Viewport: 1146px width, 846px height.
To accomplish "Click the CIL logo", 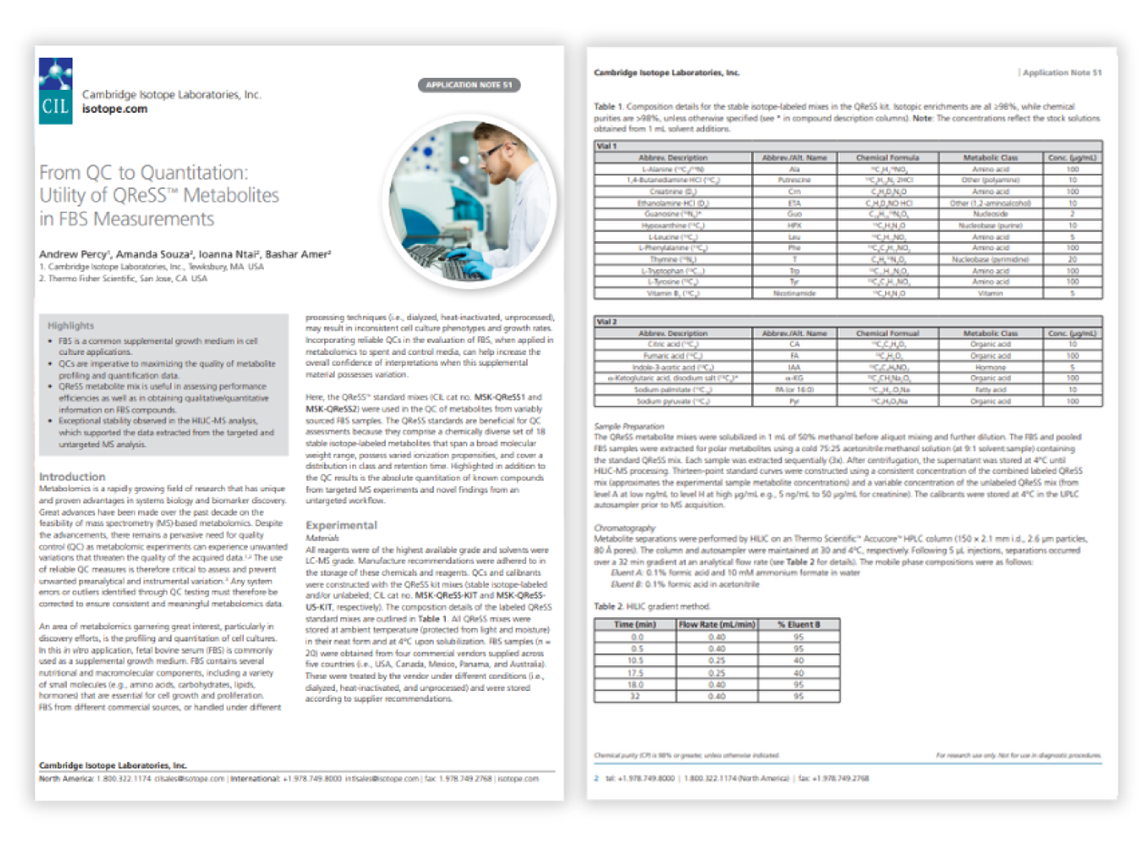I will coord(55,91).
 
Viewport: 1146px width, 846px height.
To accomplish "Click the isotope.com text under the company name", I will coord(115,109).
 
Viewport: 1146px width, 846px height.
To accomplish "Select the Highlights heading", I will coord(71,326).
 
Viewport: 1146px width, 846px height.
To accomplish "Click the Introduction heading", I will coord(72,476).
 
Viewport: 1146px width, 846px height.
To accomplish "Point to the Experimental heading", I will coord(341,525).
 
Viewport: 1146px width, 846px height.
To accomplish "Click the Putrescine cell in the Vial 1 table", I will coord(794,180).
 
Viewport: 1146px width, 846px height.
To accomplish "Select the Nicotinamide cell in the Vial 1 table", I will coord(794,293).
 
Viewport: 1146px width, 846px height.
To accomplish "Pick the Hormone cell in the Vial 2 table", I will coord(990,367).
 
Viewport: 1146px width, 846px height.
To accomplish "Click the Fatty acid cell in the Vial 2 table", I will coord(990,390).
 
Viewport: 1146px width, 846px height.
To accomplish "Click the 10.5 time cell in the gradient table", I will coord(635,661).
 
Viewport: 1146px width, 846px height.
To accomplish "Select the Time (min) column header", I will coord(635,624).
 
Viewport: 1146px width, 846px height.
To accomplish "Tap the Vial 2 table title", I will coord(606,322).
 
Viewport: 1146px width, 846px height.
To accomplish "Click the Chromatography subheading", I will coord(624,528).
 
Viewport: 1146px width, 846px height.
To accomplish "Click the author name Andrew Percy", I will coord(73,254).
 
